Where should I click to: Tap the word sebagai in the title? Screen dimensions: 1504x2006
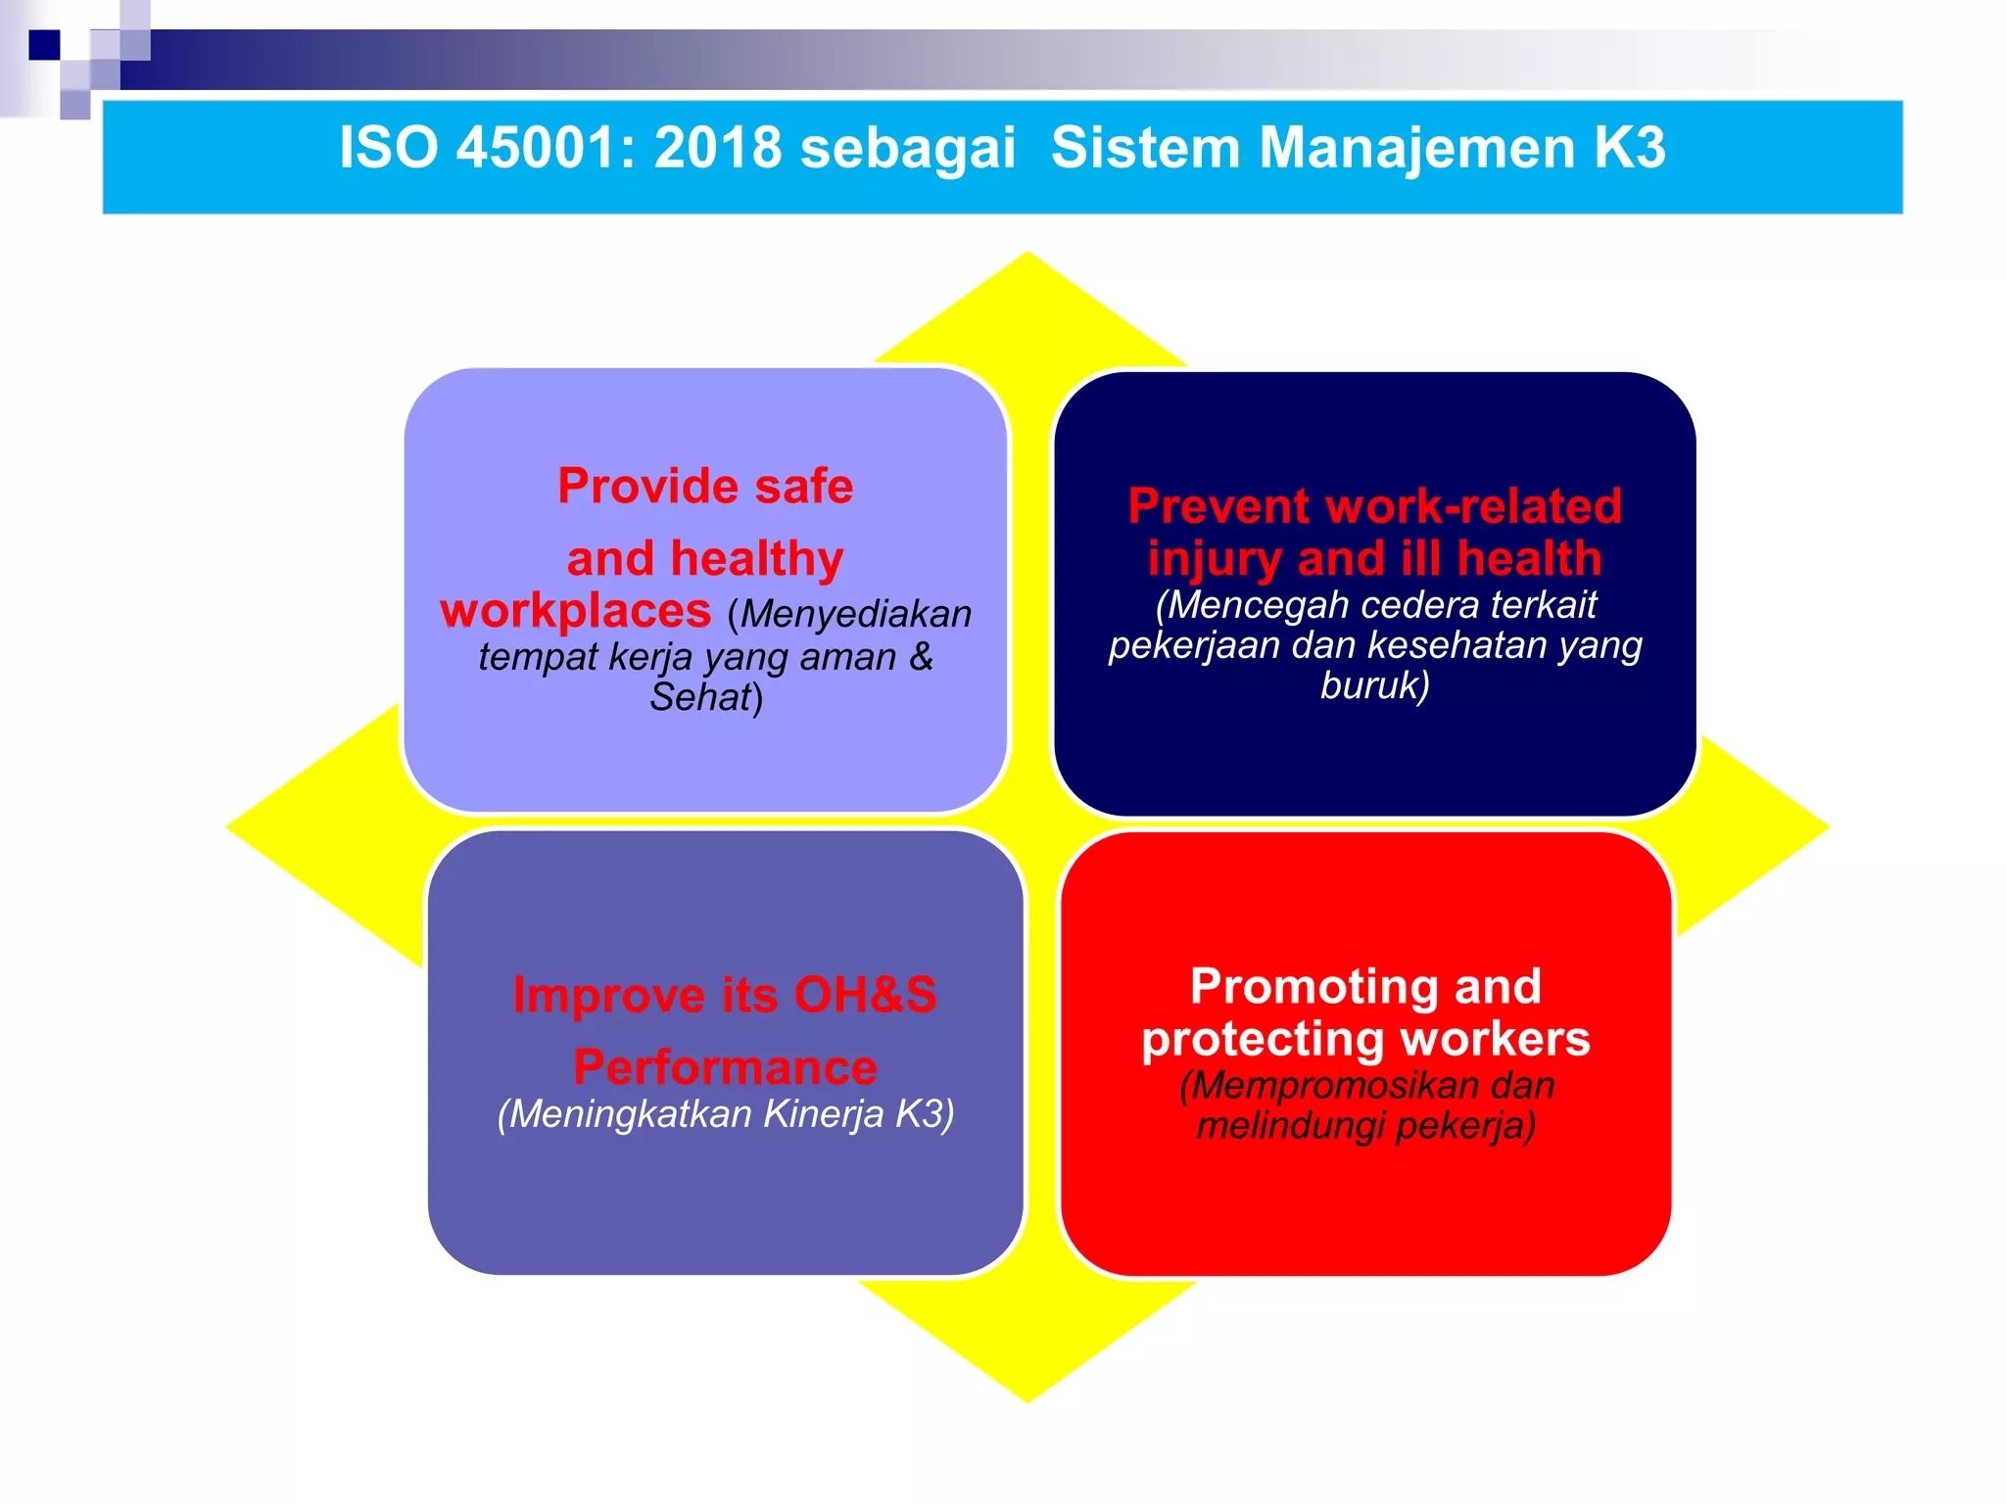pos(907,150)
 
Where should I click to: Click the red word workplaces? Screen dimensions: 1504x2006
pos(576,611)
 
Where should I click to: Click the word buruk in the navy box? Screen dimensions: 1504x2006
pos(1370,685)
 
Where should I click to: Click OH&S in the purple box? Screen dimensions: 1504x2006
pos(865,995)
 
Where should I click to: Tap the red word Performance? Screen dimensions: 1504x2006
pos(725,1066)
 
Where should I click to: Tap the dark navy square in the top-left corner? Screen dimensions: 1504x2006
pos(44,45)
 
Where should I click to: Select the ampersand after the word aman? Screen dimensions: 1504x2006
pos(921,656)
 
